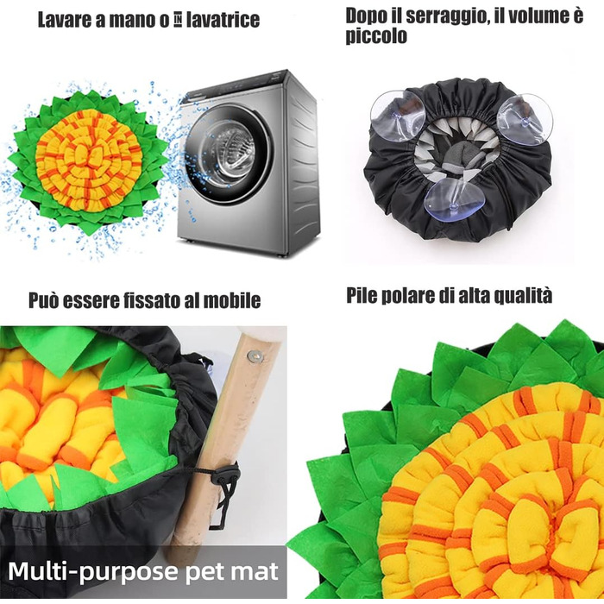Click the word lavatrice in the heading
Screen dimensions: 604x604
[x=223, y=20]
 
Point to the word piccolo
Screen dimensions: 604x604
[x=376, y=36]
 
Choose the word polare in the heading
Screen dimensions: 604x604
[x=407, y=295]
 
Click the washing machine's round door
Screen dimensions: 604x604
[x=227, y=154]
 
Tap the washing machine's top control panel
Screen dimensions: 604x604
[x=235, y=85]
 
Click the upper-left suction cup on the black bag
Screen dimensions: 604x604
[x=398, y=116]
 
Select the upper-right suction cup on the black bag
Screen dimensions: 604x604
[x=525, y=119]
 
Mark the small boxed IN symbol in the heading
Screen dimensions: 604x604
[x=178, y=21]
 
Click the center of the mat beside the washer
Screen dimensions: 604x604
[x=89, y=158]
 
